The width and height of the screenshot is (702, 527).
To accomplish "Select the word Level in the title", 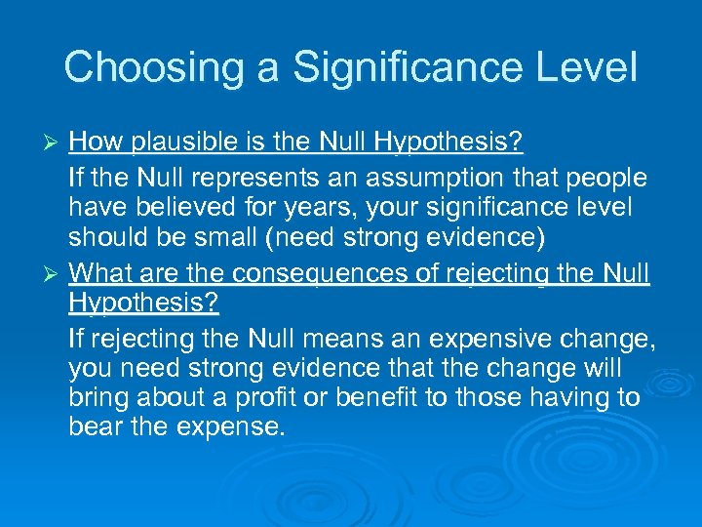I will tap(589, 67).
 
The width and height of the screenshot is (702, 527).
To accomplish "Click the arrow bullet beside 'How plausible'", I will tap(55, 144).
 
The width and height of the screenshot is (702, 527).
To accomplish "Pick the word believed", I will tap(186, 208).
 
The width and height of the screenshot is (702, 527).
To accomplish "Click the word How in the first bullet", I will tap(92, 144).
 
